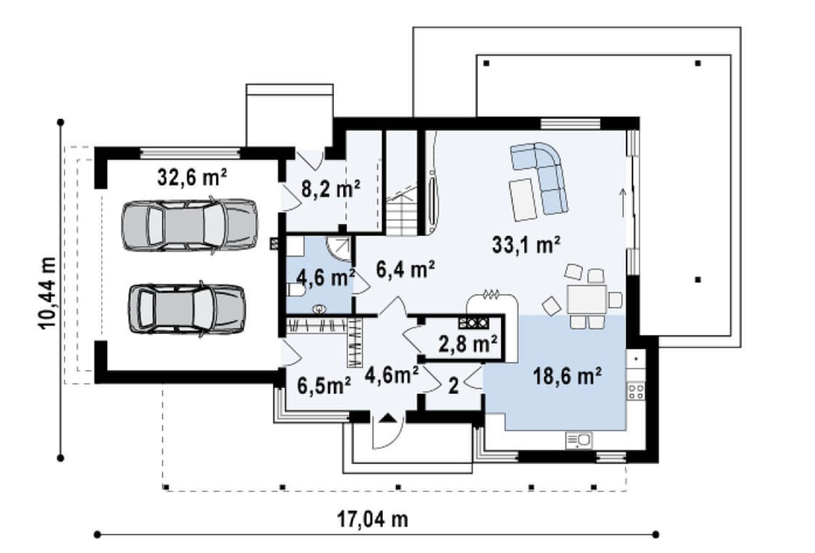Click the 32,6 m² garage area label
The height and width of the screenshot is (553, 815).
pos(192,178)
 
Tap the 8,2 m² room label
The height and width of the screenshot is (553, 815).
pos(331,189)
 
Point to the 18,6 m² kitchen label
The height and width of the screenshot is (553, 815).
pos(567,376)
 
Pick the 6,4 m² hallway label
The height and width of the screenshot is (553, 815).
pos(405,269)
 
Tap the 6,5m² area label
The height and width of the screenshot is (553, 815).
pos(324,386)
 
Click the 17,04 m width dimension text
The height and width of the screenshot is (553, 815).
pos(373,519)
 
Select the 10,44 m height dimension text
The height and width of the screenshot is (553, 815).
pos(47,293)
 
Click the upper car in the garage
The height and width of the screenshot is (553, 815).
pos(190,225)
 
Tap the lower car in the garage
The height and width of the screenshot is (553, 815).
pos(187,309)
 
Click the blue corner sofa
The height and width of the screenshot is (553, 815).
pos(540,178)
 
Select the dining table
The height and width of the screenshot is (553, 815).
pos(587,299)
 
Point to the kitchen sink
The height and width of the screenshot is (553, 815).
pos(579,440)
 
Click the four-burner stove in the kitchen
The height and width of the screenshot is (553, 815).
pos(636,392)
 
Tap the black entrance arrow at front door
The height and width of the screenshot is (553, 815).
pos(389,418)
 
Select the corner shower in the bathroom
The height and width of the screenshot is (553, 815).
pos(339,250)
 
